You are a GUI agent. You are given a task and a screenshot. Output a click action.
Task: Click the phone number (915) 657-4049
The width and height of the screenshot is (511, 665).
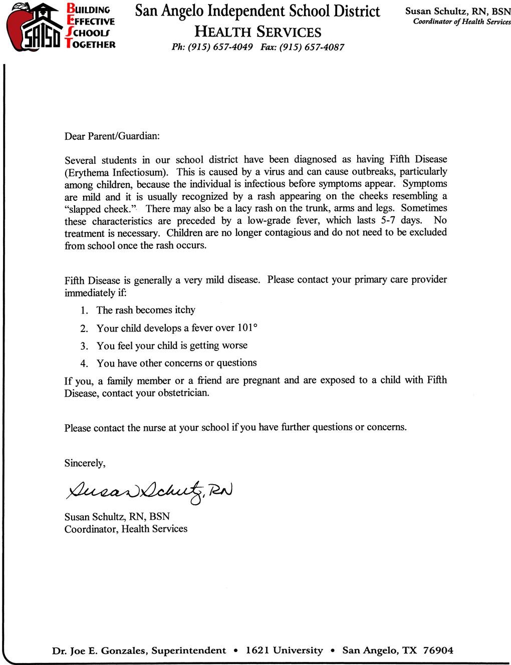coord(216,48)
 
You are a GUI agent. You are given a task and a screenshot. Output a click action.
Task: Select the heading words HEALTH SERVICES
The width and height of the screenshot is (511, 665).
coord(258,33)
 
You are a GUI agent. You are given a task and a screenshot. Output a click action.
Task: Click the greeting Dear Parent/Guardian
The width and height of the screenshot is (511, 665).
coord(112,136)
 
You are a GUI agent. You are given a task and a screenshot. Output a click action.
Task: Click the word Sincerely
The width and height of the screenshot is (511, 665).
coord(85,463)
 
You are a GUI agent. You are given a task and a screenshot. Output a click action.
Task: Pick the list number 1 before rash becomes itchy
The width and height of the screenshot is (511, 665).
coord(84,310)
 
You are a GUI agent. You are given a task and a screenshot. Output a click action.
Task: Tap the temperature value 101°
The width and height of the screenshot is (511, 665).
coord(247,328)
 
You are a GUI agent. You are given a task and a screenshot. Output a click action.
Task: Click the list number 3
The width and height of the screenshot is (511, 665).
coord(84,346)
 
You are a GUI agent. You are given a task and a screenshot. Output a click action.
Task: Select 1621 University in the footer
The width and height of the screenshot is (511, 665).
coord(284,650)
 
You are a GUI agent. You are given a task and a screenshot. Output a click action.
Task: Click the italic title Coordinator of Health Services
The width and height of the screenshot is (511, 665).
coord(461,22)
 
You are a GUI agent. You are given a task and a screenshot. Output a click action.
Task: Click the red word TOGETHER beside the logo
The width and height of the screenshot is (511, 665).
coord(91,44)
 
